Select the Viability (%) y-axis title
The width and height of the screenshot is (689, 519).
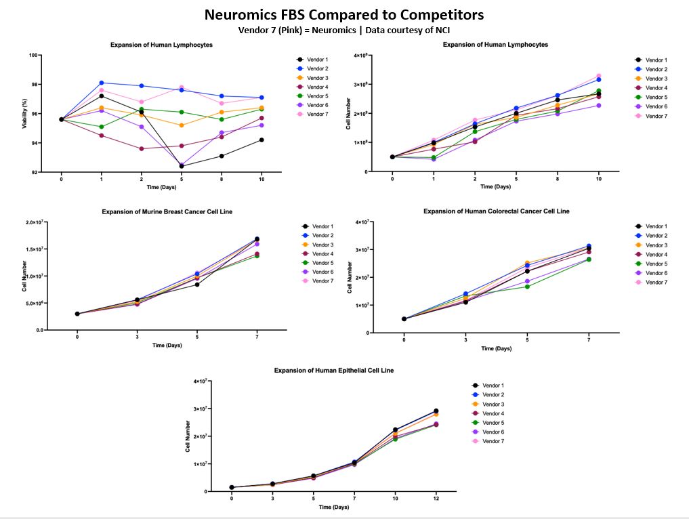(25, 112)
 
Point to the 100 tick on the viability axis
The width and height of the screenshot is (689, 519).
(33, 55)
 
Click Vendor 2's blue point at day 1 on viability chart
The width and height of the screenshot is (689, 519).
(101, 83)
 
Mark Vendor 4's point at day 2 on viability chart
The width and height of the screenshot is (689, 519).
(141, 149)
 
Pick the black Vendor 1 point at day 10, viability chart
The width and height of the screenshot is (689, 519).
(262, 140)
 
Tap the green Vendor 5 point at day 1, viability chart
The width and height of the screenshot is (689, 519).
(101, 127)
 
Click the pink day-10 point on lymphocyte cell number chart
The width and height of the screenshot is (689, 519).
(598, 76)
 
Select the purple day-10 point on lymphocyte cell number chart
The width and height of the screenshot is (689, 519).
(598, 105)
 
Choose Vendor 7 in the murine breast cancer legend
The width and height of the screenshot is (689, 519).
(322, 281)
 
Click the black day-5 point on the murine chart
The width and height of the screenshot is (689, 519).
(197, 285)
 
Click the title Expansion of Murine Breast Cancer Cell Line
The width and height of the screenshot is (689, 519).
(167, 212)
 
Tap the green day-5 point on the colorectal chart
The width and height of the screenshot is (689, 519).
(527, 287)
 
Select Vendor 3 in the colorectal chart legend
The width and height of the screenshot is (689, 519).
(655, 245)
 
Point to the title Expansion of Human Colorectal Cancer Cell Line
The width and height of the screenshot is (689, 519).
(496, 211)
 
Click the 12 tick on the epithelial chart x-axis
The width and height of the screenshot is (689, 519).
(436, 498)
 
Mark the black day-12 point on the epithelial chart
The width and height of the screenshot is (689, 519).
(436, 411)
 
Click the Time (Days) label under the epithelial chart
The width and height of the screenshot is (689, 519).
(334, 507)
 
